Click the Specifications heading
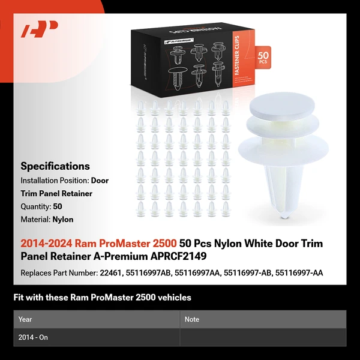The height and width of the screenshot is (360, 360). coord(55,166)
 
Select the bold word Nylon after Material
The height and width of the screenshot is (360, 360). coord(63,220)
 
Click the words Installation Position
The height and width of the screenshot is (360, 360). coord(55,180)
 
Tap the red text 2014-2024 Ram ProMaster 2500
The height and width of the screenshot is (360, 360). coord(98,244)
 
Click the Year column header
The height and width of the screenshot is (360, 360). coord(26,319)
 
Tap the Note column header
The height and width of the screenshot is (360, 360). coord(192,319)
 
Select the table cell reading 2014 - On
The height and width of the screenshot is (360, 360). coord(34,337)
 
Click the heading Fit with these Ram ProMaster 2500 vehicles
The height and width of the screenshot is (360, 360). coord(103,297)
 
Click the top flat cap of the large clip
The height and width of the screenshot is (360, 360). coord(285,107)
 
